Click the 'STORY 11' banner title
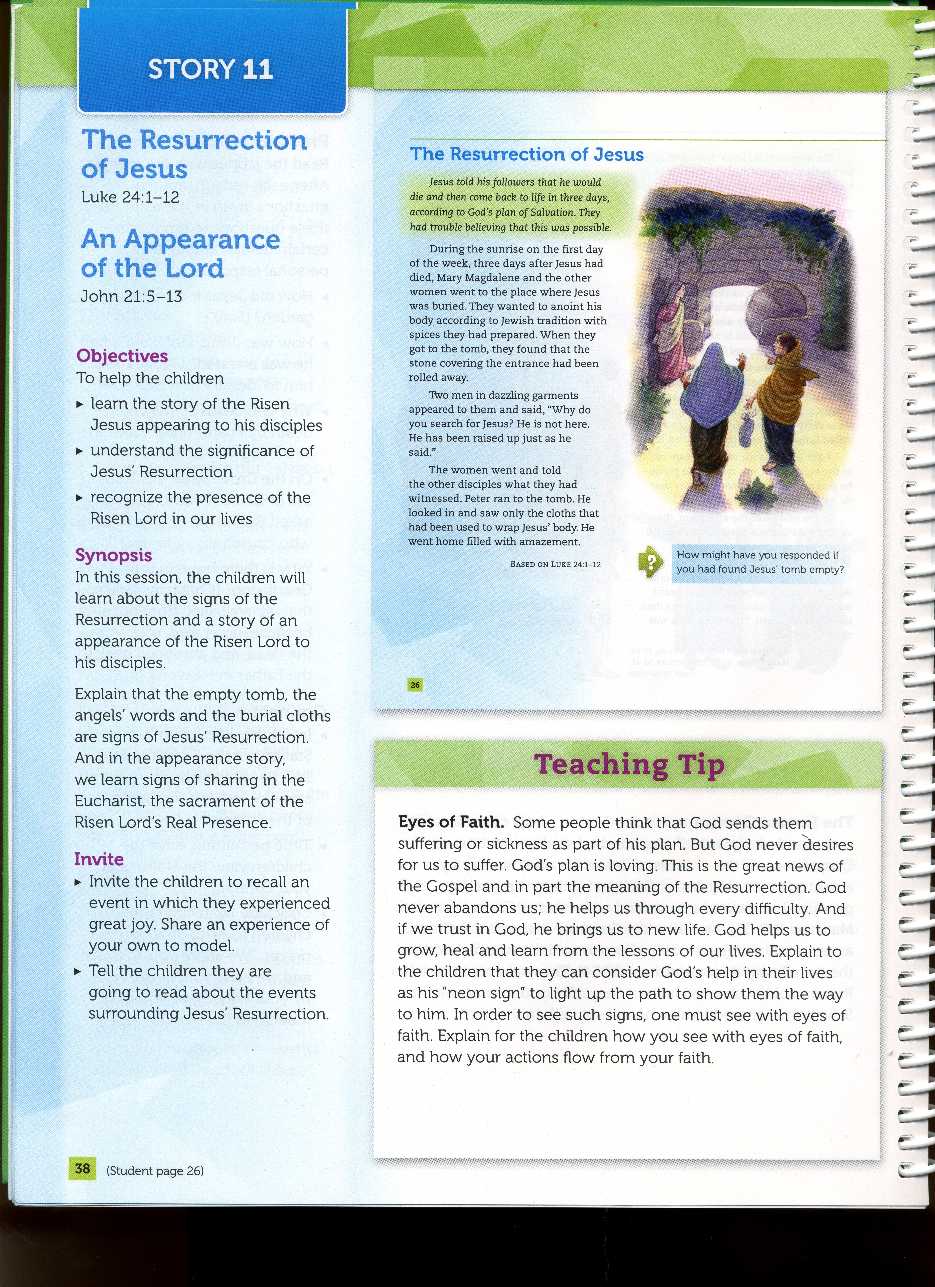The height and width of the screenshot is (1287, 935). coord(210,69)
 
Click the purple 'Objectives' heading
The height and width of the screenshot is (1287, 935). coord(122,356)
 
